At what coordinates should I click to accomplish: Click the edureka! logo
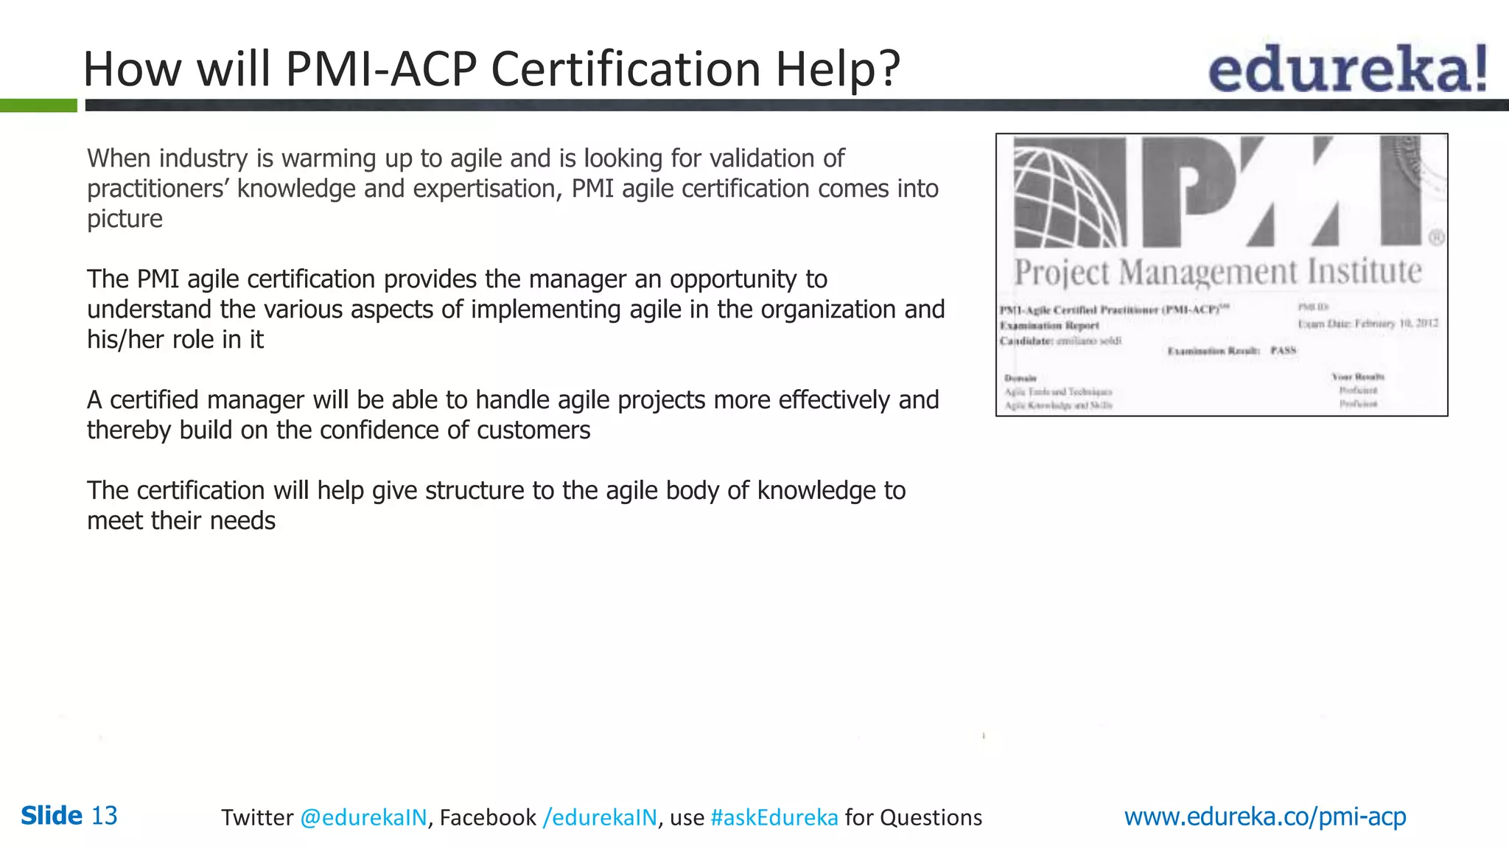1347,69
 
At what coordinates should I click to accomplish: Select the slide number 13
104,816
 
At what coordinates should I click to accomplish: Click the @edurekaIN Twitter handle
363,817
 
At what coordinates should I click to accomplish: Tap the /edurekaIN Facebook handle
599,817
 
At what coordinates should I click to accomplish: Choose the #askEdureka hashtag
774,817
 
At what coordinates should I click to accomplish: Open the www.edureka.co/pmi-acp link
1264,816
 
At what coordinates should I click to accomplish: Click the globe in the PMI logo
1068,193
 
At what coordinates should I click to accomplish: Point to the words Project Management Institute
1217,272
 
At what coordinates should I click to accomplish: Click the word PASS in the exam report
1283,351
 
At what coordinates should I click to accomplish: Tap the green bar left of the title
38,105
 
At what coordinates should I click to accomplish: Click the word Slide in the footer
52,816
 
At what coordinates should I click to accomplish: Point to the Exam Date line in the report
1367,324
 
